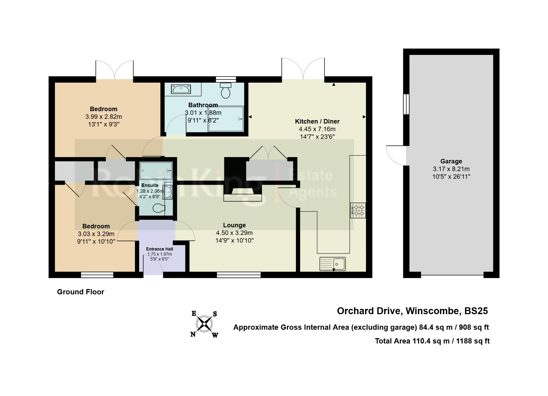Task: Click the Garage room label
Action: [x=451, y=161]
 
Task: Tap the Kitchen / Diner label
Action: [x=317, y=121]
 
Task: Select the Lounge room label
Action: [x=234, y=225]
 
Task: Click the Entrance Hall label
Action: [x=160, y=249]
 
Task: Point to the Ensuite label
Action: [x=150, y=185]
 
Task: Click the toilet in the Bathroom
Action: [x=226, y=91]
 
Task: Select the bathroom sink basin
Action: [x=181, y=89]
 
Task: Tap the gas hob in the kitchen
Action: [x=358, y=210]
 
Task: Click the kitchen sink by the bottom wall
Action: [x=332, y=264]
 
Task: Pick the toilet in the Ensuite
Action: [x=159, y=208]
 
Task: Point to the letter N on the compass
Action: [x=193, y=334]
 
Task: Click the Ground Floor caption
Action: [x=81, y=292]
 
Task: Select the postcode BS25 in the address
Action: [x=476, y=311]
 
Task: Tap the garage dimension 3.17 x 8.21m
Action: [x=451, y=169]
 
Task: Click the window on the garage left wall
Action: [x=406, y=104]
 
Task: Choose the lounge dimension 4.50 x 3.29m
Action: [x=234, y=233]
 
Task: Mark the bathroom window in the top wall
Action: [x=226, y=79]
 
